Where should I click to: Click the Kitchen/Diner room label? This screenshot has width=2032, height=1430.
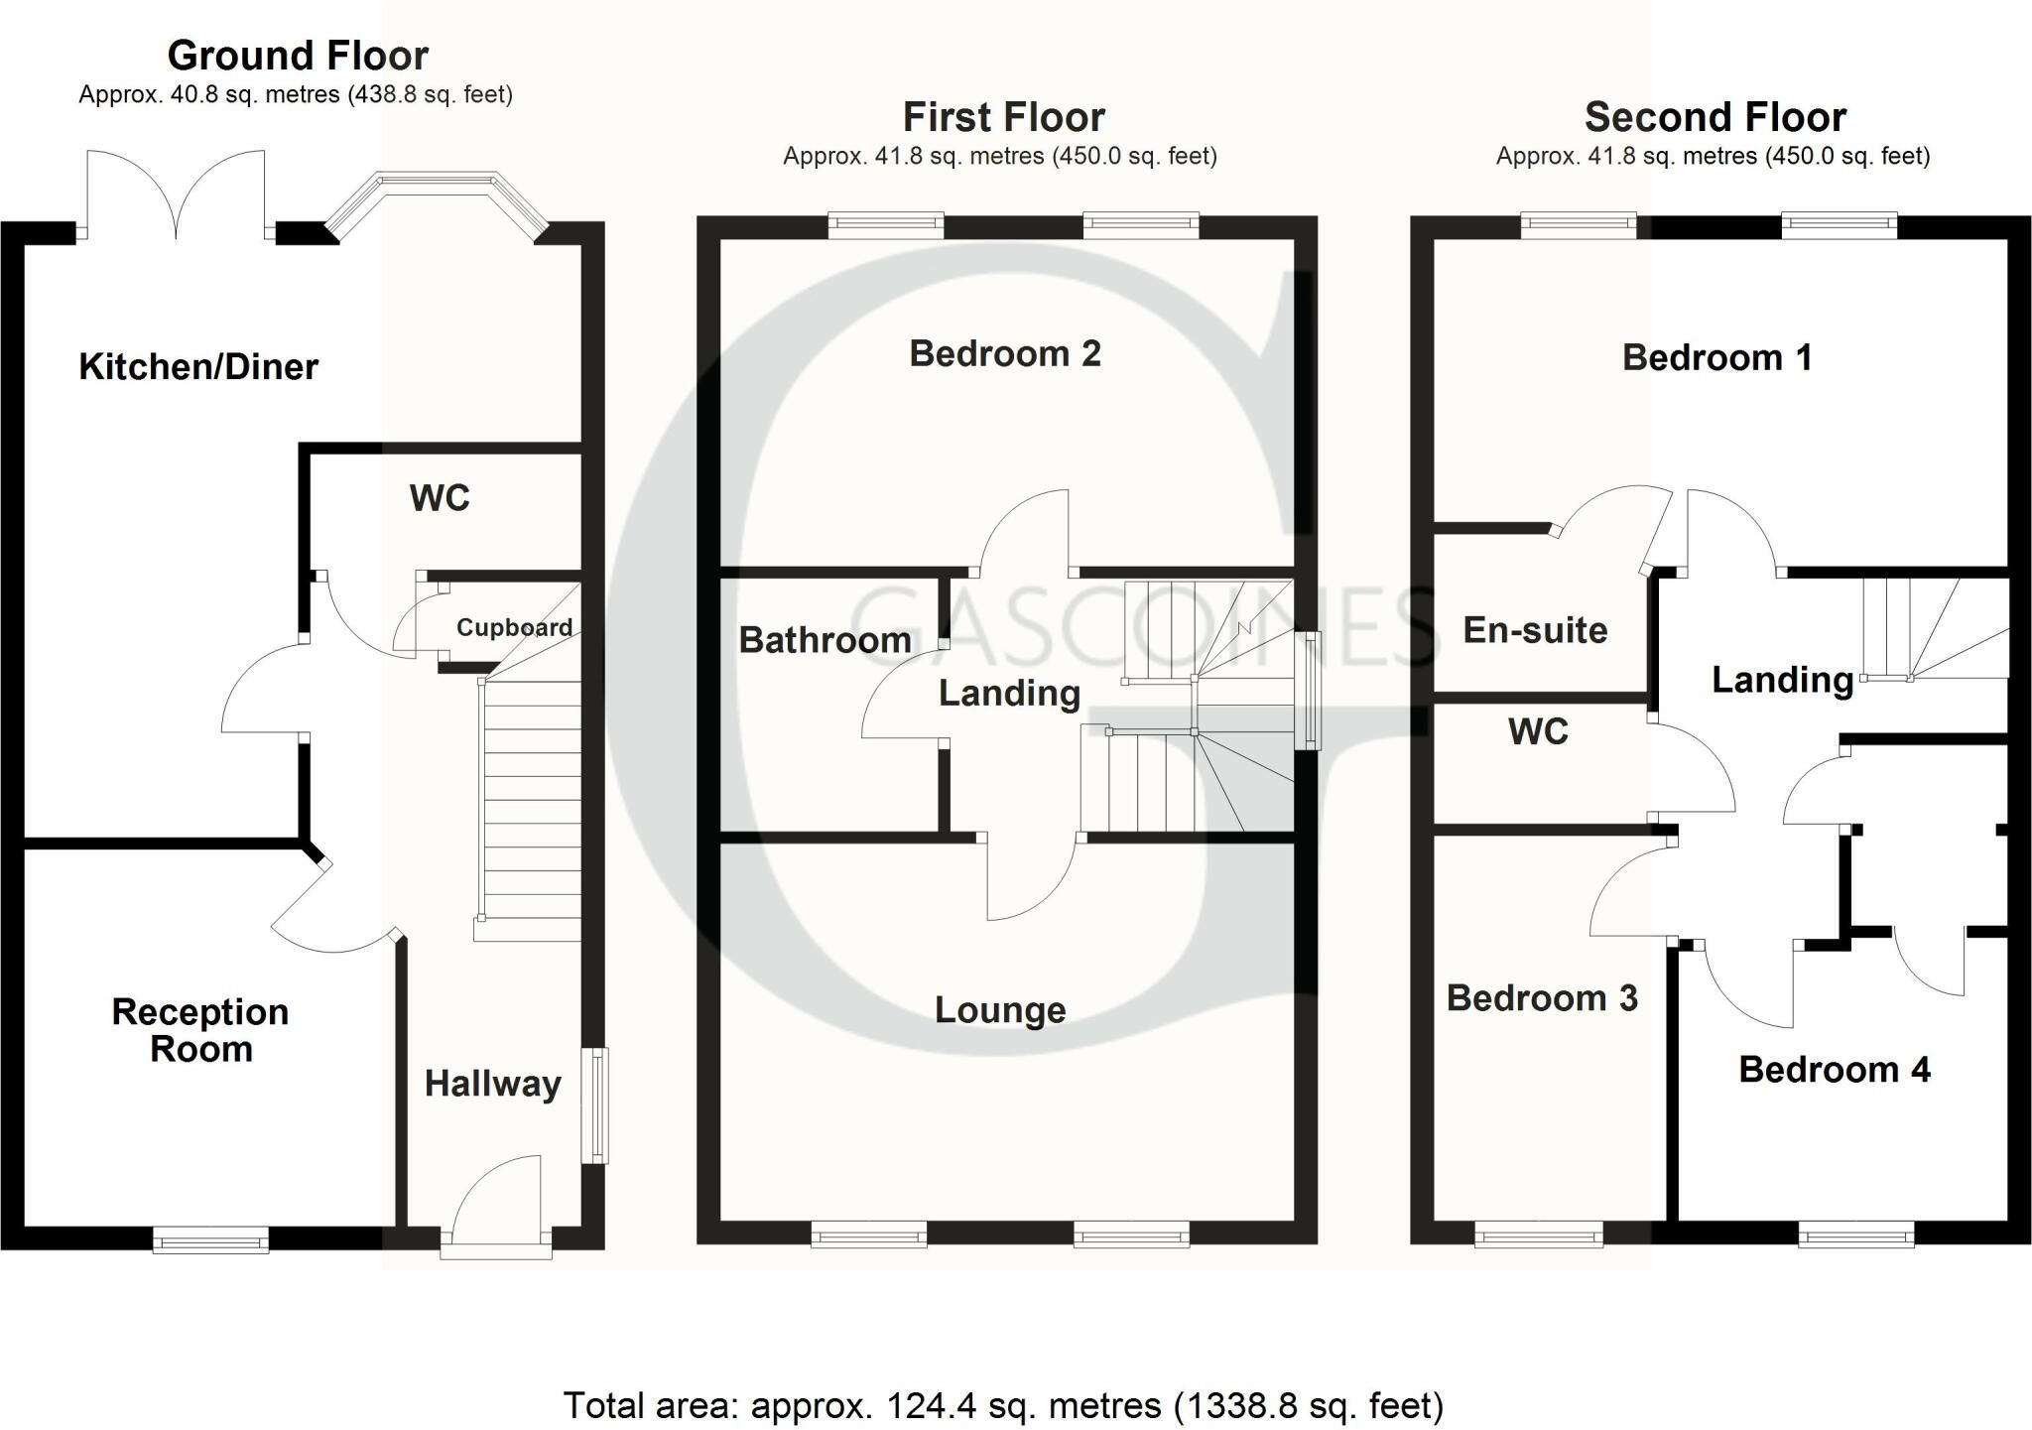pyautogui.click(x=198, y=367)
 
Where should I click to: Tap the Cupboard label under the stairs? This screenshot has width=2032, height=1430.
pyautogui.click(x=514, y=627)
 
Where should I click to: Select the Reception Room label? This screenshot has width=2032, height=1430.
pyautogui.click(x=200, y=1030)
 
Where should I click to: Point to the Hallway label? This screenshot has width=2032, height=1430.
pyautogui.click(x=493, y=1084)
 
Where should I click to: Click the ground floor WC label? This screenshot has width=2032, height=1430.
pyautogui.click(x=440, y=498)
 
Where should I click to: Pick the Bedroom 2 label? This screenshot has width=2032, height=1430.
pyautogui.click(x=1005, y=353)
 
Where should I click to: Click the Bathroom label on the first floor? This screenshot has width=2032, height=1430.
pyautogui.click(x=825, y=640)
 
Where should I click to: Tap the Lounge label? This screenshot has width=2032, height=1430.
pyautogui.click(x=1000, y=1010)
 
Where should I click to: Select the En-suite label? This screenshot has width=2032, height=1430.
pyautogui.click(x=1535, y=630)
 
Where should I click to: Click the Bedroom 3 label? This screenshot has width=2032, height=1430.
pyautogui.click(x=1542, y=998)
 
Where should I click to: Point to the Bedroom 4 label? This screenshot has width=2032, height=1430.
pyautogui.click(x=1835, y=1070)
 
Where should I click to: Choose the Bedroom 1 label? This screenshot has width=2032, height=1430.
pyautogui.click(x=1717, y=357)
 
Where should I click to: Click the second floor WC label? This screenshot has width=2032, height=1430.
pyautogui.click(x=1538, y=732)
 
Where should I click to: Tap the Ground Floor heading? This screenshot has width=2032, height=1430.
pyautogui.click(x=298, y=56)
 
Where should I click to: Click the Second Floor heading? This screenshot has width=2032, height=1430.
pyautogui.click(x=1715, y=117)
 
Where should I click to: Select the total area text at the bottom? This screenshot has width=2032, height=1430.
pyautogui.click(x=1003, y=1405)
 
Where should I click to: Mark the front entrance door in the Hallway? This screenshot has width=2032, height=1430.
pyautogui.click(x=496, y=1207)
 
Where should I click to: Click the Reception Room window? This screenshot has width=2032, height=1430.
pyautogui.click(x=210, y=1239)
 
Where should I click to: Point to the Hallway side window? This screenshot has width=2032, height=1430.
pyautogui.click(x=595, y=1105)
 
